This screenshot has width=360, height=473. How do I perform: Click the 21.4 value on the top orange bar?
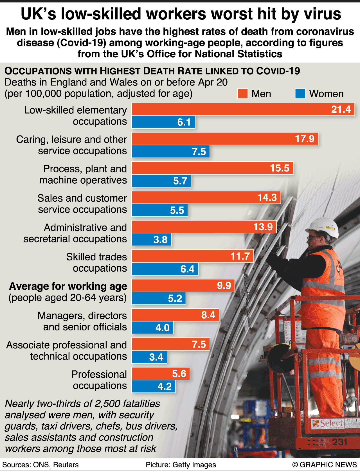[341, 109]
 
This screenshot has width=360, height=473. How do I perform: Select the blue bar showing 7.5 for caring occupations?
[171, 152]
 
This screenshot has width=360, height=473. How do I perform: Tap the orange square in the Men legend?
[242, 94]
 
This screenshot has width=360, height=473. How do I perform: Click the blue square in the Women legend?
[300, 94]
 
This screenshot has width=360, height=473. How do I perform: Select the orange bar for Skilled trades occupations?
[192, 256]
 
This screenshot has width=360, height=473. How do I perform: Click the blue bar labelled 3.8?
[151, 240]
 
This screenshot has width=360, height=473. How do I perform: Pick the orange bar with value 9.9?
[183, 285]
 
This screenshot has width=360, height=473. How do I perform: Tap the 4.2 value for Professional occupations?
[165, 386]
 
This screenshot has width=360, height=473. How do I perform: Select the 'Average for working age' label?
[68, 286]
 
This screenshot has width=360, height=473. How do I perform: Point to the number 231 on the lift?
[340, 442]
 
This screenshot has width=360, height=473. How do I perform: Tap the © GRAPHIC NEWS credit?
[325, 465]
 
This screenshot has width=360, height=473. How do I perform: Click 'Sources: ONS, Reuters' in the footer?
[40, 465]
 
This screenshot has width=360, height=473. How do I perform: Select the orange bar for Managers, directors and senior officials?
[175, 315]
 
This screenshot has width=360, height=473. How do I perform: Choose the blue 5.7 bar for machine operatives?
[161, 181]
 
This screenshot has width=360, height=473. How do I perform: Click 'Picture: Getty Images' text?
[181, 465]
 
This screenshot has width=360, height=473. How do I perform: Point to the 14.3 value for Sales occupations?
[267, 197]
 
